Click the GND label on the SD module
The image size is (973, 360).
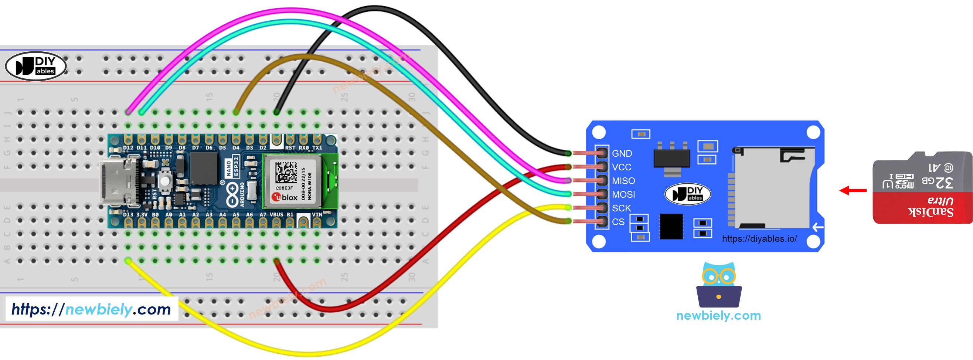tap(622, 153)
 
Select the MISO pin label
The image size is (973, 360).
tap(623, 181)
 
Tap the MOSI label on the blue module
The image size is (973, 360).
tap(623, 194)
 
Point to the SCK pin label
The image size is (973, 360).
tap(621, 208)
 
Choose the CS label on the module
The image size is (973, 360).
tap(618, 221)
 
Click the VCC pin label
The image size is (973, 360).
tap(621, 167)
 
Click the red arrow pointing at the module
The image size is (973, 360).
tap(853, 190)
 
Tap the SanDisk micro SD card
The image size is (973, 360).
tap(922, 187)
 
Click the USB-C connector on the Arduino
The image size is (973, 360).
tap(117, 182)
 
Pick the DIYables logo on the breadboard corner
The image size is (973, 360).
tap(36, 66)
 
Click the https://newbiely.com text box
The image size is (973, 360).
tap(91, 309)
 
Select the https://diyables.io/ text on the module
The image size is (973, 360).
tap(759, 238)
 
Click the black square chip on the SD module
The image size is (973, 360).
tap(671, 226)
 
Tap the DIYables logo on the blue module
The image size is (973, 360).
tap(687, 194)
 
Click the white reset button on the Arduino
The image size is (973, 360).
tap(165, 180)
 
